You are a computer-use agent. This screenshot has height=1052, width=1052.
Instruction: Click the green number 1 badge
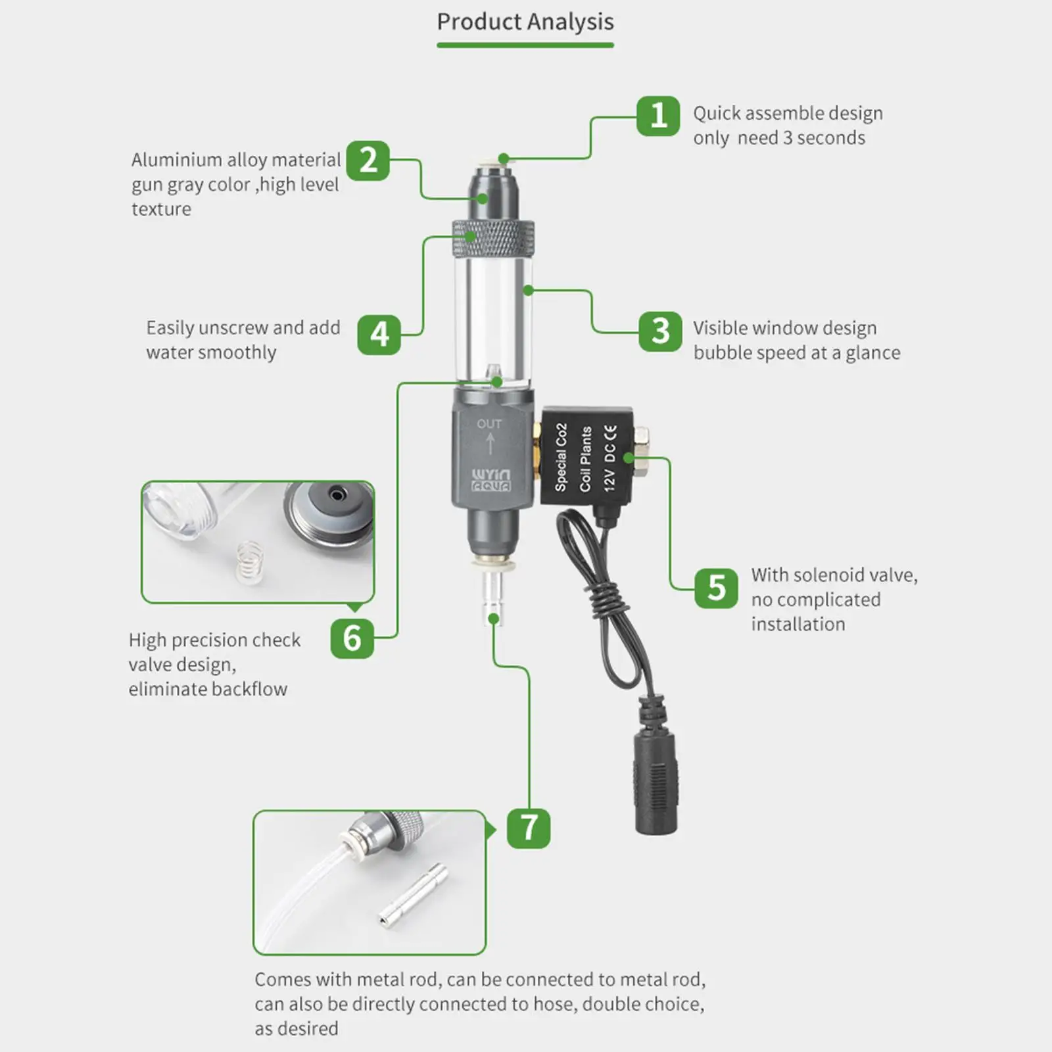657,116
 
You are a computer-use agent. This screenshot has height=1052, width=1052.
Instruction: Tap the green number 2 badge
368,160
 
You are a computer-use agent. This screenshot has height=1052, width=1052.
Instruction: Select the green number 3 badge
660,331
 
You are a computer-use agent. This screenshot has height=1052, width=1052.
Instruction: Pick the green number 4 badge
379,334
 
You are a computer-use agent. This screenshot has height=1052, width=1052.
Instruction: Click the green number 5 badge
716,588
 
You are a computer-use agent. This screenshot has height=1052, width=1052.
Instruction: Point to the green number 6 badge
352,638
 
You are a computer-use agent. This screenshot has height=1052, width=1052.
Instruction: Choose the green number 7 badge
529,828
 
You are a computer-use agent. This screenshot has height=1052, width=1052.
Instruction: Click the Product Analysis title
525,22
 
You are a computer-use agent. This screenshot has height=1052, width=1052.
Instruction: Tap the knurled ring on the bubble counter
492,240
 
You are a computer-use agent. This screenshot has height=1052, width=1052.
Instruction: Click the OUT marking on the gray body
489,424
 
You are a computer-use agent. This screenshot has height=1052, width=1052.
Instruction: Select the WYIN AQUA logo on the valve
490,481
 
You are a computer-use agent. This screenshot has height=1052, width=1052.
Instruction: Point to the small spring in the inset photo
247,562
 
